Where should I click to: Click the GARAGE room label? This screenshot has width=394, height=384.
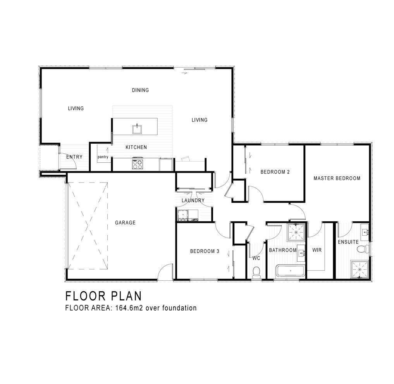[x=125, y=222]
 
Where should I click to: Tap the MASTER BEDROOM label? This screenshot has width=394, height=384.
[x=337, y=178]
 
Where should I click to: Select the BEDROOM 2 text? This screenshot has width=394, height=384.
[x=275, y=172]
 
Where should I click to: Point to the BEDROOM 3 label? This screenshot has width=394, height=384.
[x=205, y=251]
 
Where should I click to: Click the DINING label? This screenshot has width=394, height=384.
[x=140, y=90]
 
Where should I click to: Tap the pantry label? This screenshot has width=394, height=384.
[x=103, y=157]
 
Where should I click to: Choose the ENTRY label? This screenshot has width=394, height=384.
[x=74, y=157]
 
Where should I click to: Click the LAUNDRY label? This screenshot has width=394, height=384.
[x=193, y=200]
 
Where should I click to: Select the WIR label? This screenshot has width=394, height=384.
[x=317, y=250]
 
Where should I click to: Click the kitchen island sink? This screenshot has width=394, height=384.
[x=137, y=129]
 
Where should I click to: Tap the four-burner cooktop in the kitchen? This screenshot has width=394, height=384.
[x=138, y=164]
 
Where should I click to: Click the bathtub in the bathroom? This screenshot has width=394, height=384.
[x=291, y=271]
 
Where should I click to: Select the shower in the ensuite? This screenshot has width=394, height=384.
[x=360, y=270]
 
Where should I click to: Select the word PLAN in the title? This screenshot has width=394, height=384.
[x=126, y=296]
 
